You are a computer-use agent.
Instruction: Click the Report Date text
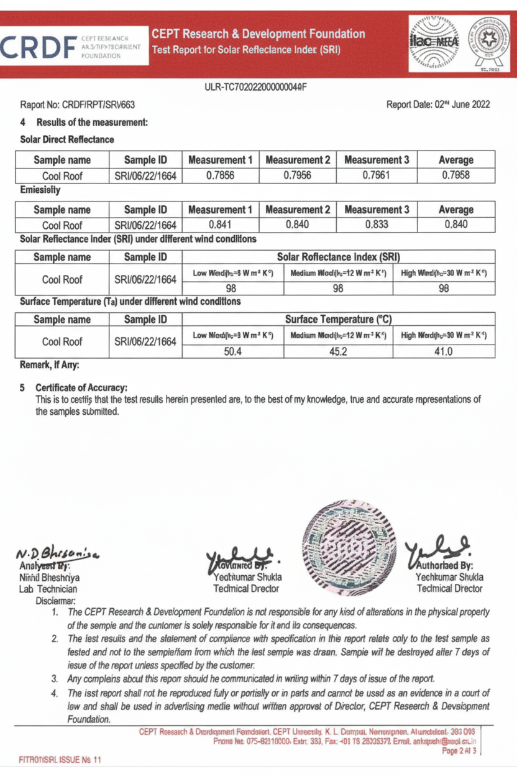[437, 104]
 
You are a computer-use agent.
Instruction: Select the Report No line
[78, 104]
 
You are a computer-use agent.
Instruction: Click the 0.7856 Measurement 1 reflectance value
[220, 175]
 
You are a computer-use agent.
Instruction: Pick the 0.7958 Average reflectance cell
[455, 175]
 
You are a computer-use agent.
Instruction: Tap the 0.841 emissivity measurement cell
[220, 224]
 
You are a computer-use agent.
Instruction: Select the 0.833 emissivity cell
[377, 224]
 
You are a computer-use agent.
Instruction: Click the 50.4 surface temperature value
[233, 351]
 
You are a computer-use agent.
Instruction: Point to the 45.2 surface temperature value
[338, 351]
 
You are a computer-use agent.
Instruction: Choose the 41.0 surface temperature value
[444, 351]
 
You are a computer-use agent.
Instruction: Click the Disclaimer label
[56, 600]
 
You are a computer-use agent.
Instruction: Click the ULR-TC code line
[255, 86]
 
